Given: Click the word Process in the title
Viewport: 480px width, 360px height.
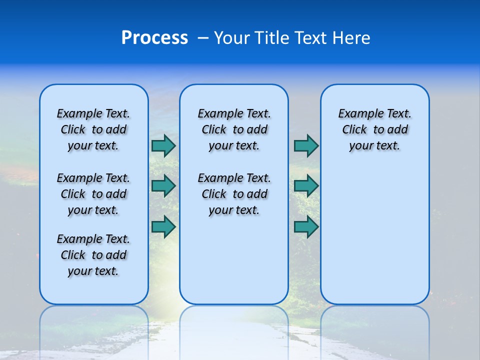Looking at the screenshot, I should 154,38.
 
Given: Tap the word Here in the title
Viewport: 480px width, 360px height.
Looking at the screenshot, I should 351,38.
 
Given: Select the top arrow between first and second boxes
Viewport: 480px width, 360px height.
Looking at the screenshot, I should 163,145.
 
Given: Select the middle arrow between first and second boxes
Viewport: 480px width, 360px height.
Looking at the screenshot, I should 163,186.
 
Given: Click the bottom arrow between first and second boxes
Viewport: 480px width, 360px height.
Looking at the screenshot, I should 163,226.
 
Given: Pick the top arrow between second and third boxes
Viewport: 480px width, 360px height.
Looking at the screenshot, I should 306,145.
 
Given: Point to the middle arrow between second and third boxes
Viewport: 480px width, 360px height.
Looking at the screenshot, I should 306,186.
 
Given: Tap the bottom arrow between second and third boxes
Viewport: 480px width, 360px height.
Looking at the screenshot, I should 306,226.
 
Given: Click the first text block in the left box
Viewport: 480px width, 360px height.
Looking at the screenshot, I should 93,129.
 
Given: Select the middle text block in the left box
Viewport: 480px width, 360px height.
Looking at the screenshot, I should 93,194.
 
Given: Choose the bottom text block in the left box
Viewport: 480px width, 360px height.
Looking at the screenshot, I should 93,255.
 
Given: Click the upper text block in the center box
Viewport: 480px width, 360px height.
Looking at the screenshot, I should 234,129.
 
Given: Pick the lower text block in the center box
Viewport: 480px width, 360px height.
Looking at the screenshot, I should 234,194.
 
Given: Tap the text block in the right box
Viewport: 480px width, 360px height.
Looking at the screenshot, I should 374,129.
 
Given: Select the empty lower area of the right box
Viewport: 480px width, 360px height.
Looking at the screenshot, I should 374,235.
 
